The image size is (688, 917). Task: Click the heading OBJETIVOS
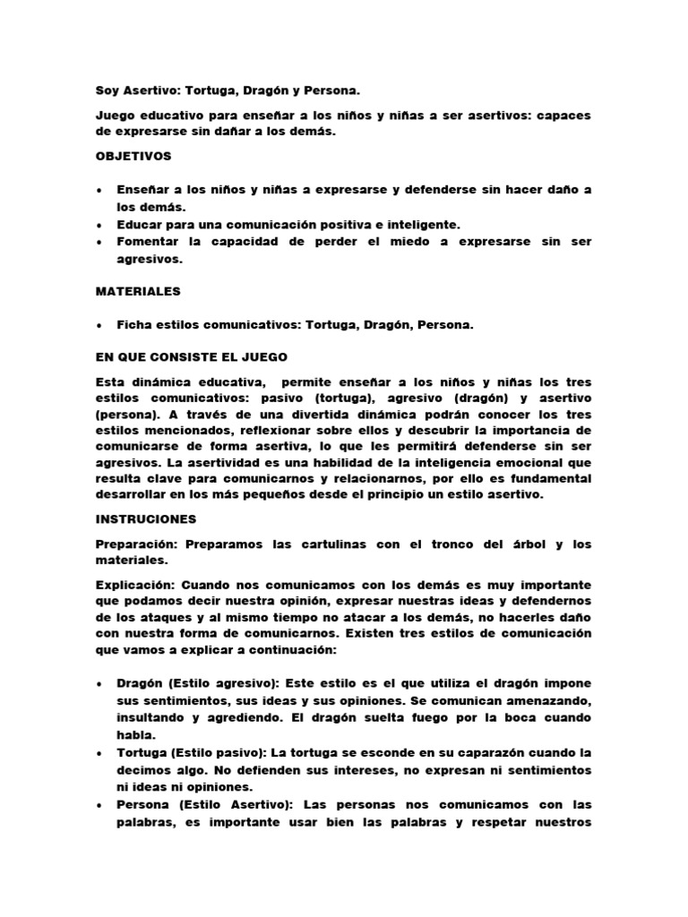[x=133, y=156]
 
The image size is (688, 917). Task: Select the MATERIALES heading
[x=138, y=291]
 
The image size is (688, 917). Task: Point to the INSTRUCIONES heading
[x=144, y=518]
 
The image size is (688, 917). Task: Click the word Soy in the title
[x=107, y=90]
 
